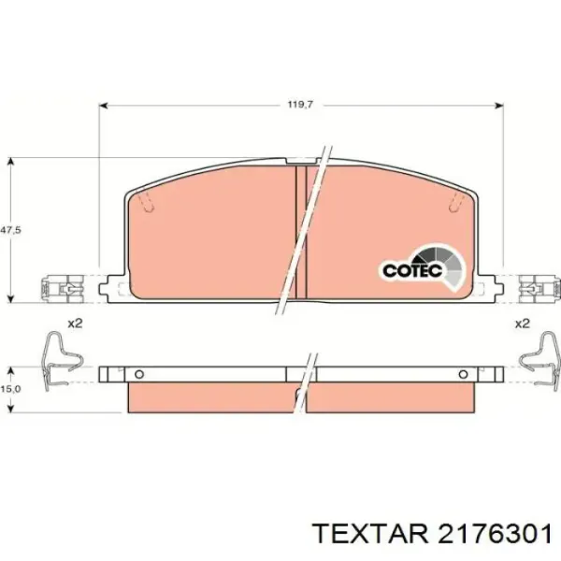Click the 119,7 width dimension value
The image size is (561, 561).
[x=300, y=105]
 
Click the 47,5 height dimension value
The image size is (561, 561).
[x=10, y=230]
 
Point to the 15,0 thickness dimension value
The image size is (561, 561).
[x=10, y=389]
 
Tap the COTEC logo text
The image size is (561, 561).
[x=412, y=270]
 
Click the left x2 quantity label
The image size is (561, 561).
[x=75, y=324]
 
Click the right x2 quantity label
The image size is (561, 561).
[x=522, y=324]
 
